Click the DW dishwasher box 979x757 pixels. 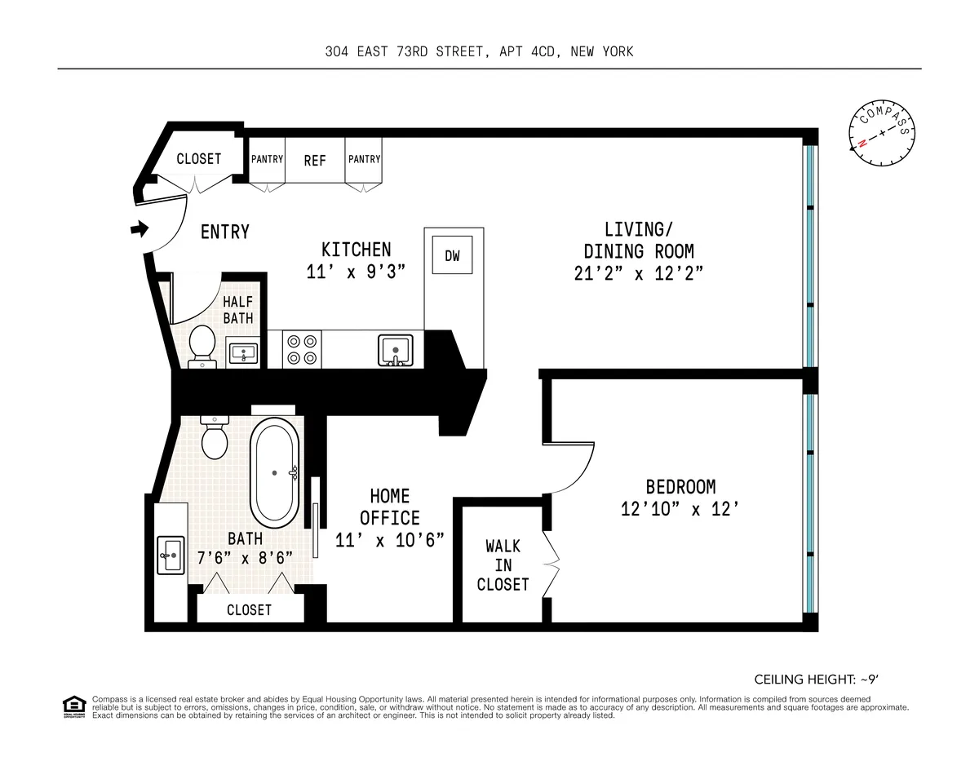point(452,256)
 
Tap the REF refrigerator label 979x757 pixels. point(315,161)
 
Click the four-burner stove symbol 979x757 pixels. point(301,350)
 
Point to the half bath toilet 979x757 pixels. point(202,348)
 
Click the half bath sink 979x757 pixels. point(243,353)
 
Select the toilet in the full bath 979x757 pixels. point(215,437)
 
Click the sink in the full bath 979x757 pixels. point(171,556)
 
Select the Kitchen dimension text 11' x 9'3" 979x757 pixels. point(356,272)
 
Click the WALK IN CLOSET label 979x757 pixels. point(503,564)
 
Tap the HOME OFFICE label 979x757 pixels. point(389,507)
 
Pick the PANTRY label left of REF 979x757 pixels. point(267,159)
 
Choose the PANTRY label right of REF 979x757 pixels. point(364,159)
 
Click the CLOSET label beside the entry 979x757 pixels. point(198,159)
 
